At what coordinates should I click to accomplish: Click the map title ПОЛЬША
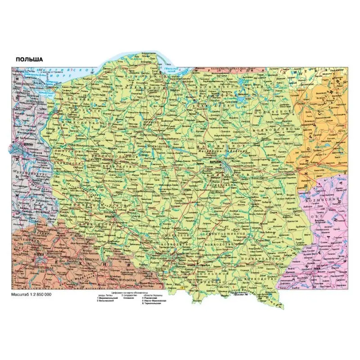pyautogui.click(x=29, y=59)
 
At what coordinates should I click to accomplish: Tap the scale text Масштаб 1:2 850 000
pyautogui.click(x=31, y=294)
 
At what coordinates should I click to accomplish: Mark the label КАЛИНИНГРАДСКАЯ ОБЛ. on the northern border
pyautogui.click(x=234, y=68)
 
